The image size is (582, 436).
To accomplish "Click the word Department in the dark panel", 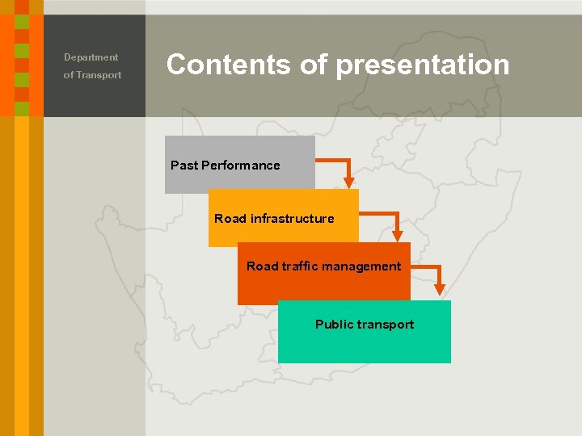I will tap(91, 57).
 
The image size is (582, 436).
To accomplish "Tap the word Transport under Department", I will tap(99, 75).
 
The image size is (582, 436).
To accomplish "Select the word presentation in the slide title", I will tap(422, 65).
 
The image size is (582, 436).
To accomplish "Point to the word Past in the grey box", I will tap(183, 166).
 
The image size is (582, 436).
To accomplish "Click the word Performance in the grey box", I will tap(240, 166).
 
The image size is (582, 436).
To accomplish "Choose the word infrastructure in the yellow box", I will tap(292, 219).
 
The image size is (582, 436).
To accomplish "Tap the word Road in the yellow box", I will tap(230, 219).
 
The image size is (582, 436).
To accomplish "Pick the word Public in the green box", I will tap(335, 325).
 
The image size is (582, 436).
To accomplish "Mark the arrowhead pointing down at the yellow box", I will tap(348, 182).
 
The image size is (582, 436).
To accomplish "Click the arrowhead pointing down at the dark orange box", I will tap(397, 235).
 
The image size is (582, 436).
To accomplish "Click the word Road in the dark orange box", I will tap(262, 266).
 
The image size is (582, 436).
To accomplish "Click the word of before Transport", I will tap(69, 75).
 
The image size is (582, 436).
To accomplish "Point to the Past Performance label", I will tap(225, 166).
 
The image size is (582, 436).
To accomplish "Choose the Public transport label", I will tap(364, 325).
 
